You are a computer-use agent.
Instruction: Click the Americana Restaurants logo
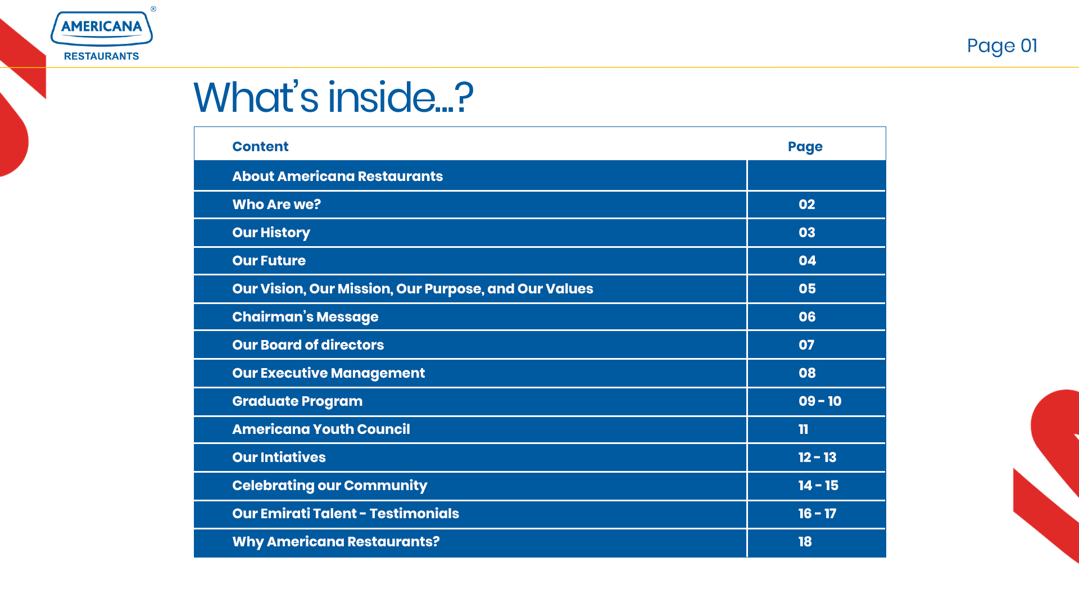pyautogui.click(x=102, y=35)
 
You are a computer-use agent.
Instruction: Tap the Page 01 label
pyautogui.click(x=1002, y=46)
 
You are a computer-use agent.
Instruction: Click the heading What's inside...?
pyautogui.click(x=333, y=97)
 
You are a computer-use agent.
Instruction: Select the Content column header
pyautogui.click(x=260, y=147)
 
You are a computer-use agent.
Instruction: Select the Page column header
pyautogui.click(x=805, y=147)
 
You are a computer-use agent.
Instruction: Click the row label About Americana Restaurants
pyautogui.click(x=337, y=176)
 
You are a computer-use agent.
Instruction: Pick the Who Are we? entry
pyautogui.click(x=276, y=205)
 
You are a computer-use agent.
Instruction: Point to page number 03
pyautogui.click(x=807, y=233)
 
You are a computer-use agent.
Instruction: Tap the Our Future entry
pyautogui.click(x=269, y=261)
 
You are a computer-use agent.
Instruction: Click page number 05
pyautogui.click(x=807, y=289)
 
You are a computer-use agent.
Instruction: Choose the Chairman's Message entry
pyautogui.click(x=305, y=317)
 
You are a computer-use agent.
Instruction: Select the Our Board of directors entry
pyautogui.click(x=308, y=345)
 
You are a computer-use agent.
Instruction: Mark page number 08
pyautogui.click(x=807, y=373)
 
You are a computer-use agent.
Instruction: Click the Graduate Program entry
pyautogui.click(x=297, y=401)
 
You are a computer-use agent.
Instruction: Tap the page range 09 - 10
pyautogui.click(x=820, y=401)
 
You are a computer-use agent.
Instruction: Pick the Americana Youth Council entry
pyautogui.click(x=321, y=429)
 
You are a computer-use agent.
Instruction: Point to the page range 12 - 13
pyautogui.click(x=818, y=457)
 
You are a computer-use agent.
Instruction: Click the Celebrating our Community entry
pyautogui.click(x=330, y=486)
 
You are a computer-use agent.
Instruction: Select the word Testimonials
pyautogui.click(x=414, y=514)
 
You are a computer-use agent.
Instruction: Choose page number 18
pyautogui.click(x=805, y=542)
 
